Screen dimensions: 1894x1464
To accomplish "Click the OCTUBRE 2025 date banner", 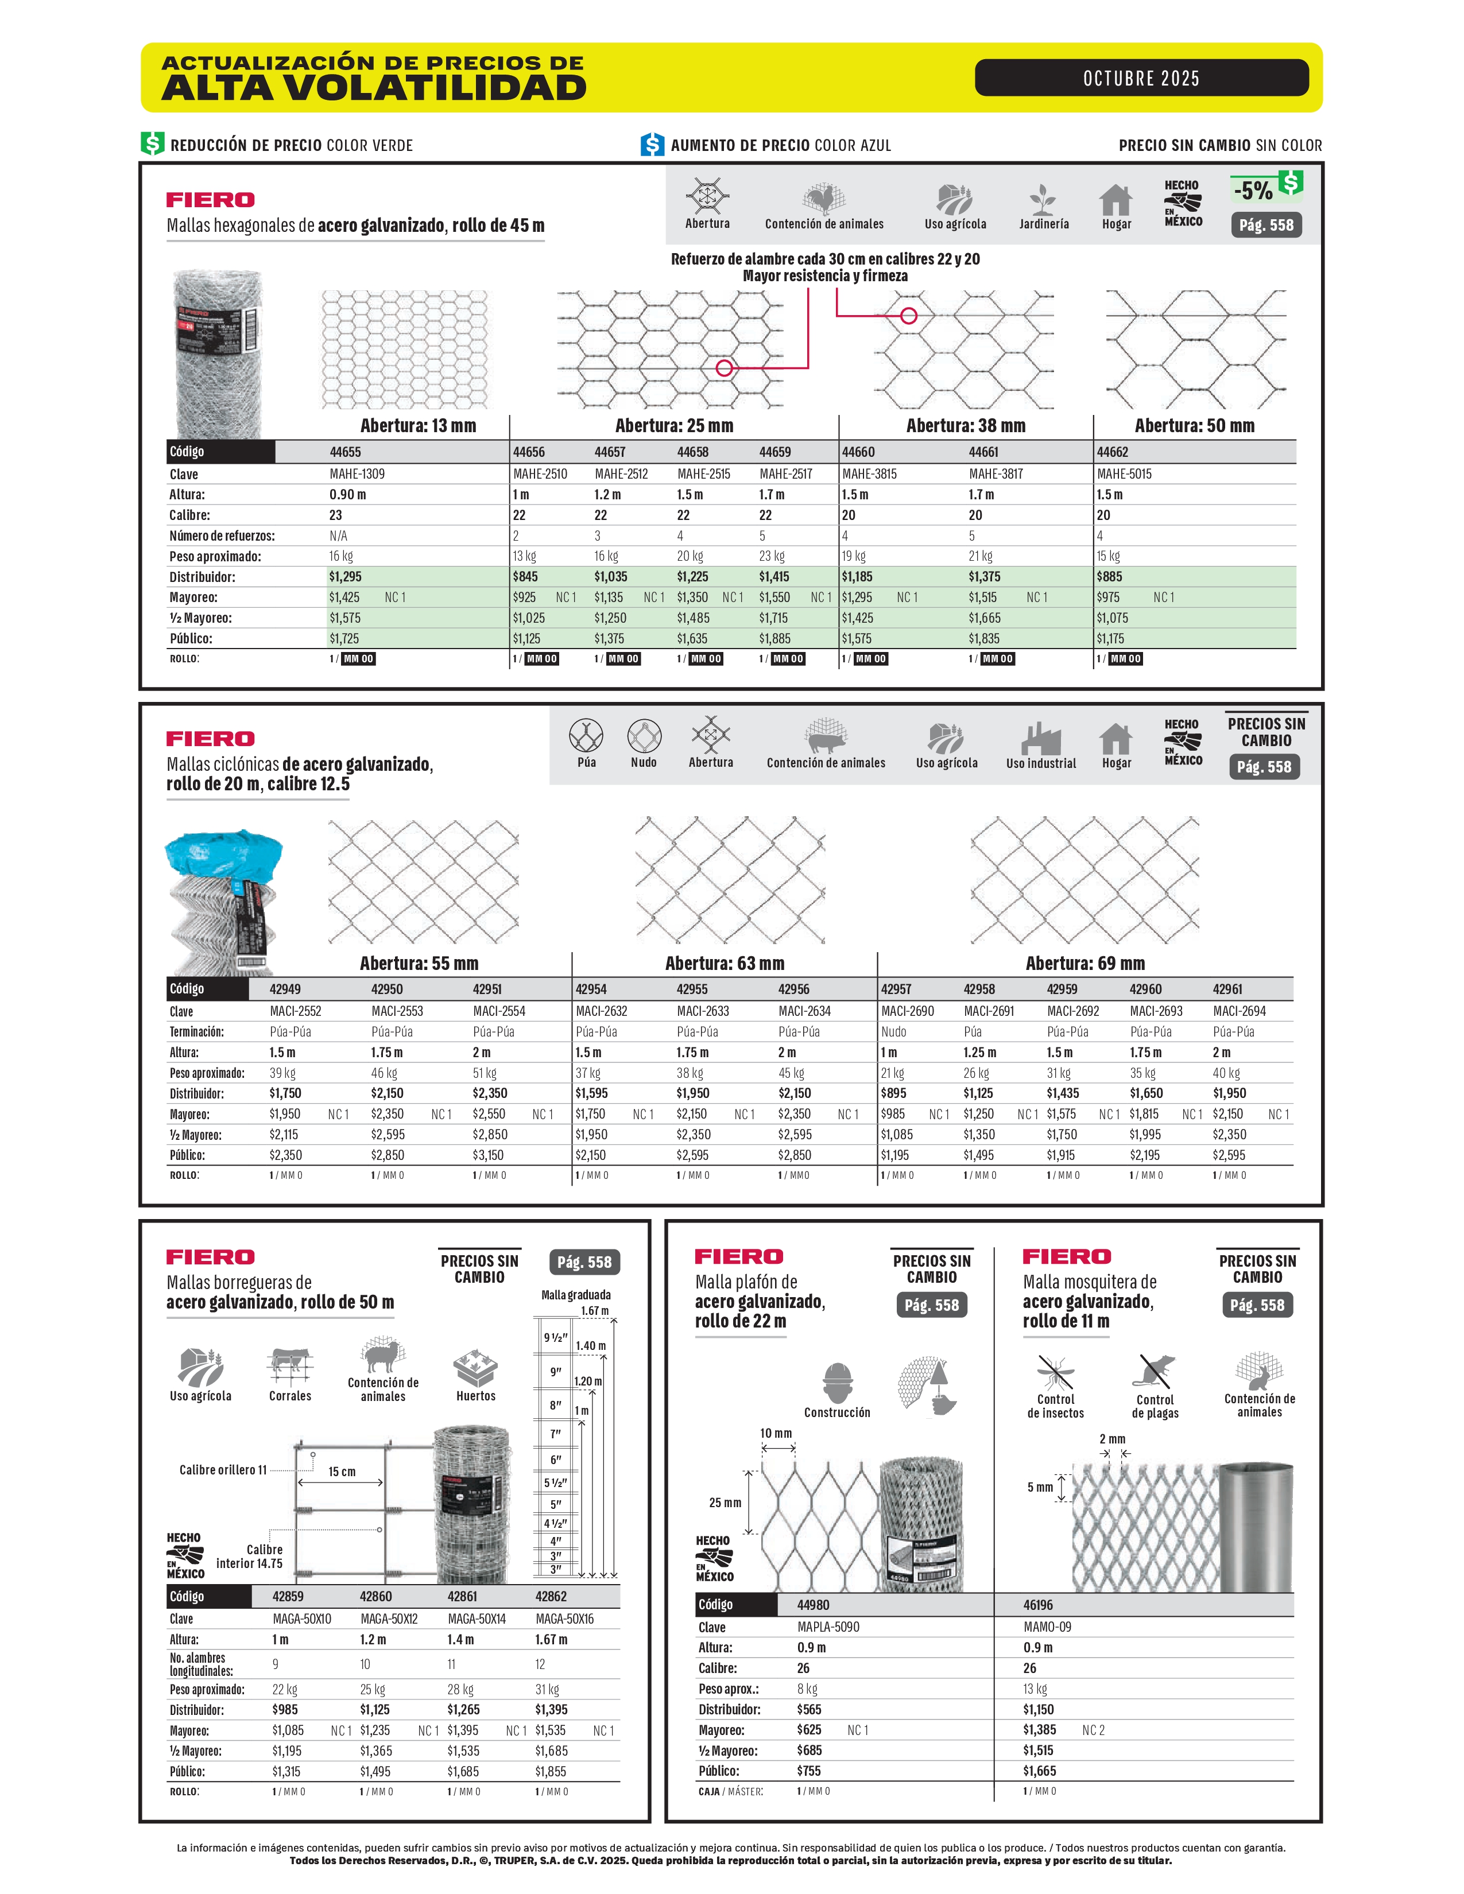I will point(1141,78).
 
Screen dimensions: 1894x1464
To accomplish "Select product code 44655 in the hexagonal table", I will point(345,452).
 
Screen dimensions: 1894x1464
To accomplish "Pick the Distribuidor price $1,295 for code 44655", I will point(345,577).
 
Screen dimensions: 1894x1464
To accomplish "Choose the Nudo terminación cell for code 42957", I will point(893,1032).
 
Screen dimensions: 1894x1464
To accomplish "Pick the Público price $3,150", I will point(489,1155).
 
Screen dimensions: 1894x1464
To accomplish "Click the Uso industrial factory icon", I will point(1040,739).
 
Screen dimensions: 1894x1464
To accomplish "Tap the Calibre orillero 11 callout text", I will point(223,1470).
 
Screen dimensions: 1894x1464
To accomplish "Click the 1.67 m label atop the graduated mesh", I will point(595,1310).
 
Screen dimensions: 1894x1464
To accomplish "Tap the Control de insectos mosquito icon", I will point(1055,1373).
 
